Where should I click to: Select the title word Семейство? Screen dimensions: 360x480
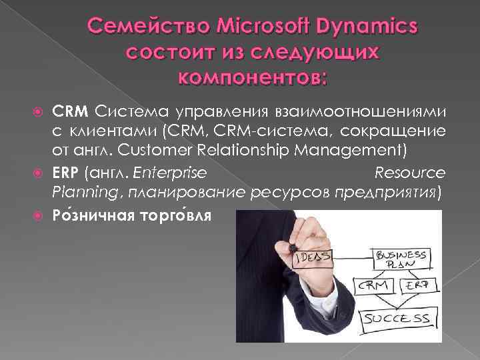[138, 27]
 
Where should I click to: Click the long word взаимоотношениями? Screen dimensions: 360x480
[378, 109]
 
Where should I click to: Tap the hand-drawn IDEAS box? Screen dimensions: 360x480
[313, 256]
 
